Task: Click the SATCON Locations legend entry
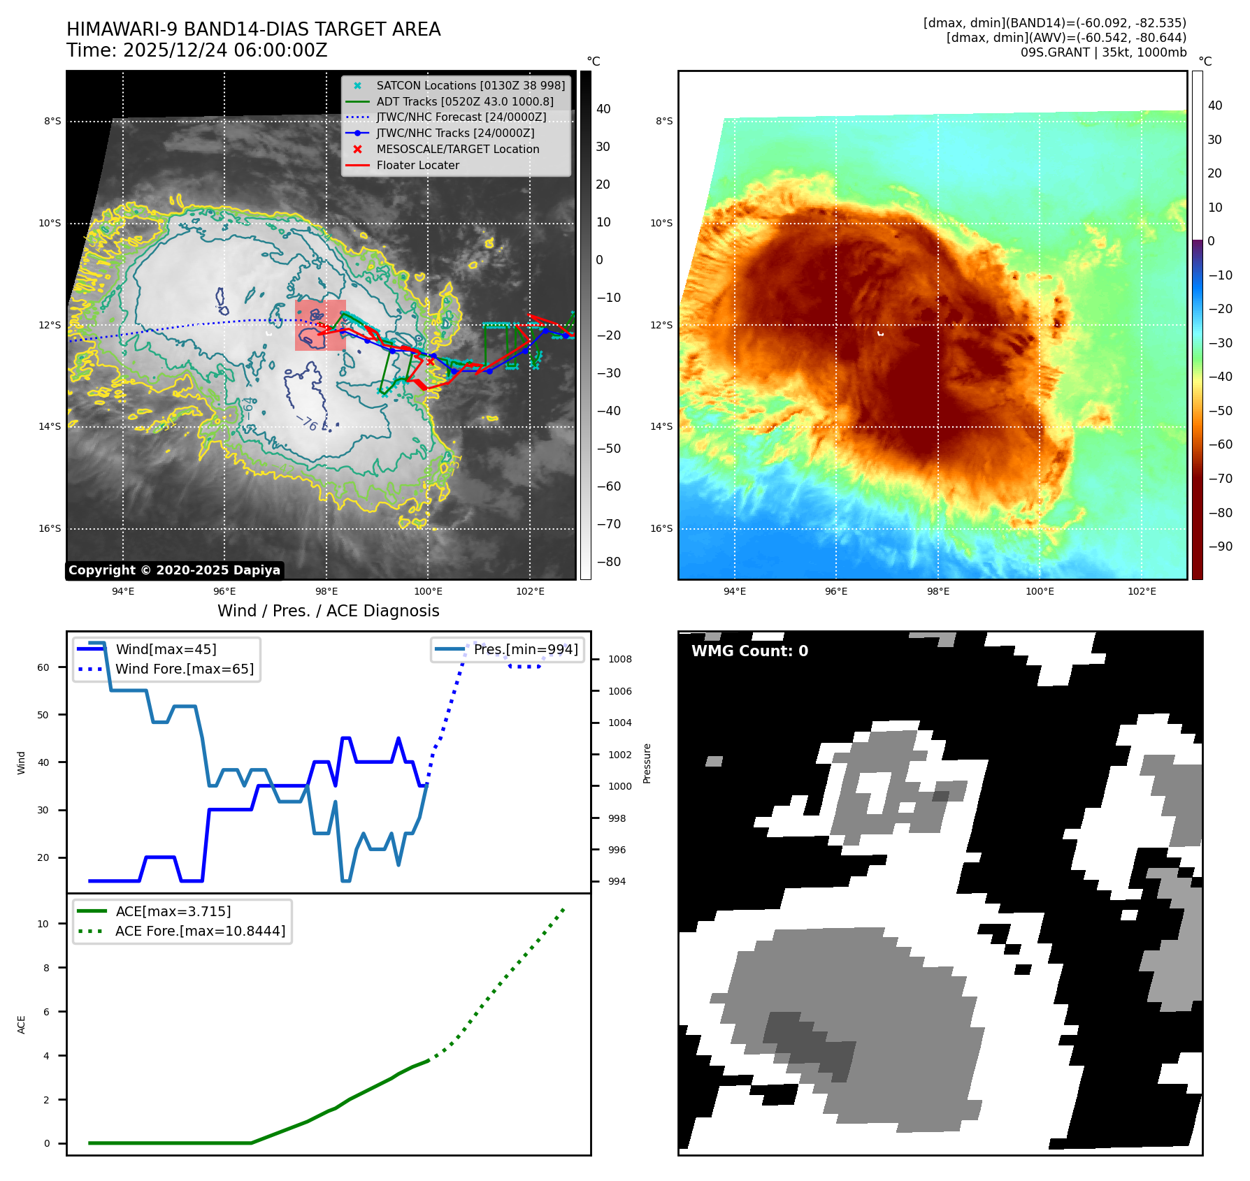[470, 85]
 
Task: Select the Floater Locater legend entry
[417, 166]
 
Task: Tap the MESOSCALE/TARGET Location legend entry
[457, 150]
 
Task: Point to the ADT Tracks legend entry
[464, 101]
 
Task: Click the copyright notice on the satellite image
[174, 570]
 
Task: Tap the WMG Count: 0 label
[749, 651]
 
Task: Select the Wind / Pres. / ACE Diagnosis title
[328, 611]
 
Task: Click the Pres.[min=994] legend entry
[525, 650]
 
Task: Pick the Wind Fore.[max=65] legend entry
[184, 669]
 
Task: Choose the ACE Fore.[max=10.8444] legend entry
[200, 932]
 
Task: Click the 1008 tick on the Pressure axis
[619, 659]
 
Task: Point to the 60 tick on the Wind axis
[43, 667]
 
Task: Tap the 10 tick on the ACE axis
[43, 924]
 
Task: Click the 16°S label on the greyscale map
[50, 529]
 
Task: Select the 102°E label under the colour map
[1142, 592]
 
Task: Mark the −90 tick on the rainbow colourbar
[1220, 546]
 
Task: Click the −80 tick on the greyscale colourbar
[608, 562]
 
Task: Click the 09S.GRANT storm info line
[1103, 52]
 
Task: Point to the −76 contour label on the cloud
[308, 423]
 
